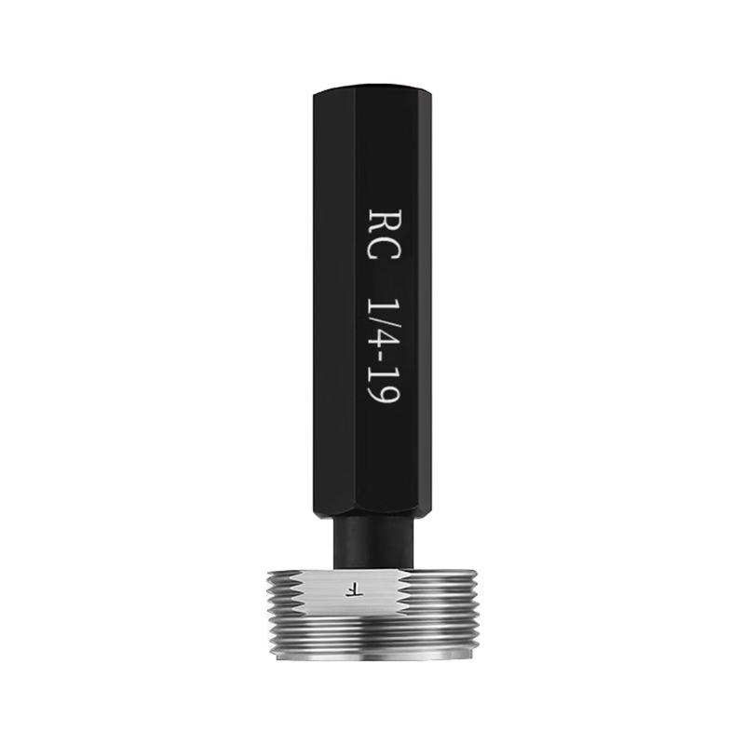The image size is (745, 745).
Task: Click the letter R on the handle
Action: [x=384, y=223]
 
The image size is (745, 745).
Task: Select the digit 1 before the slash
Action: [x=384, y=307]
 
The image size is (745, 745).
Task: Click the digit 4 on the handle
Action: [x=384, y=339]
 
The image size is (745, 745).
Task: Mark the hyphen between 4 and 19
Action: [x=384, y=356]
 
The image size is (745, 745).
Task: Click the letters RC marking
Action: [x=384, y=236]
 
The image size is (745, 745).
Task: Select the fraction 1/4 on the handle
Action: [x=384, y=324]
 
